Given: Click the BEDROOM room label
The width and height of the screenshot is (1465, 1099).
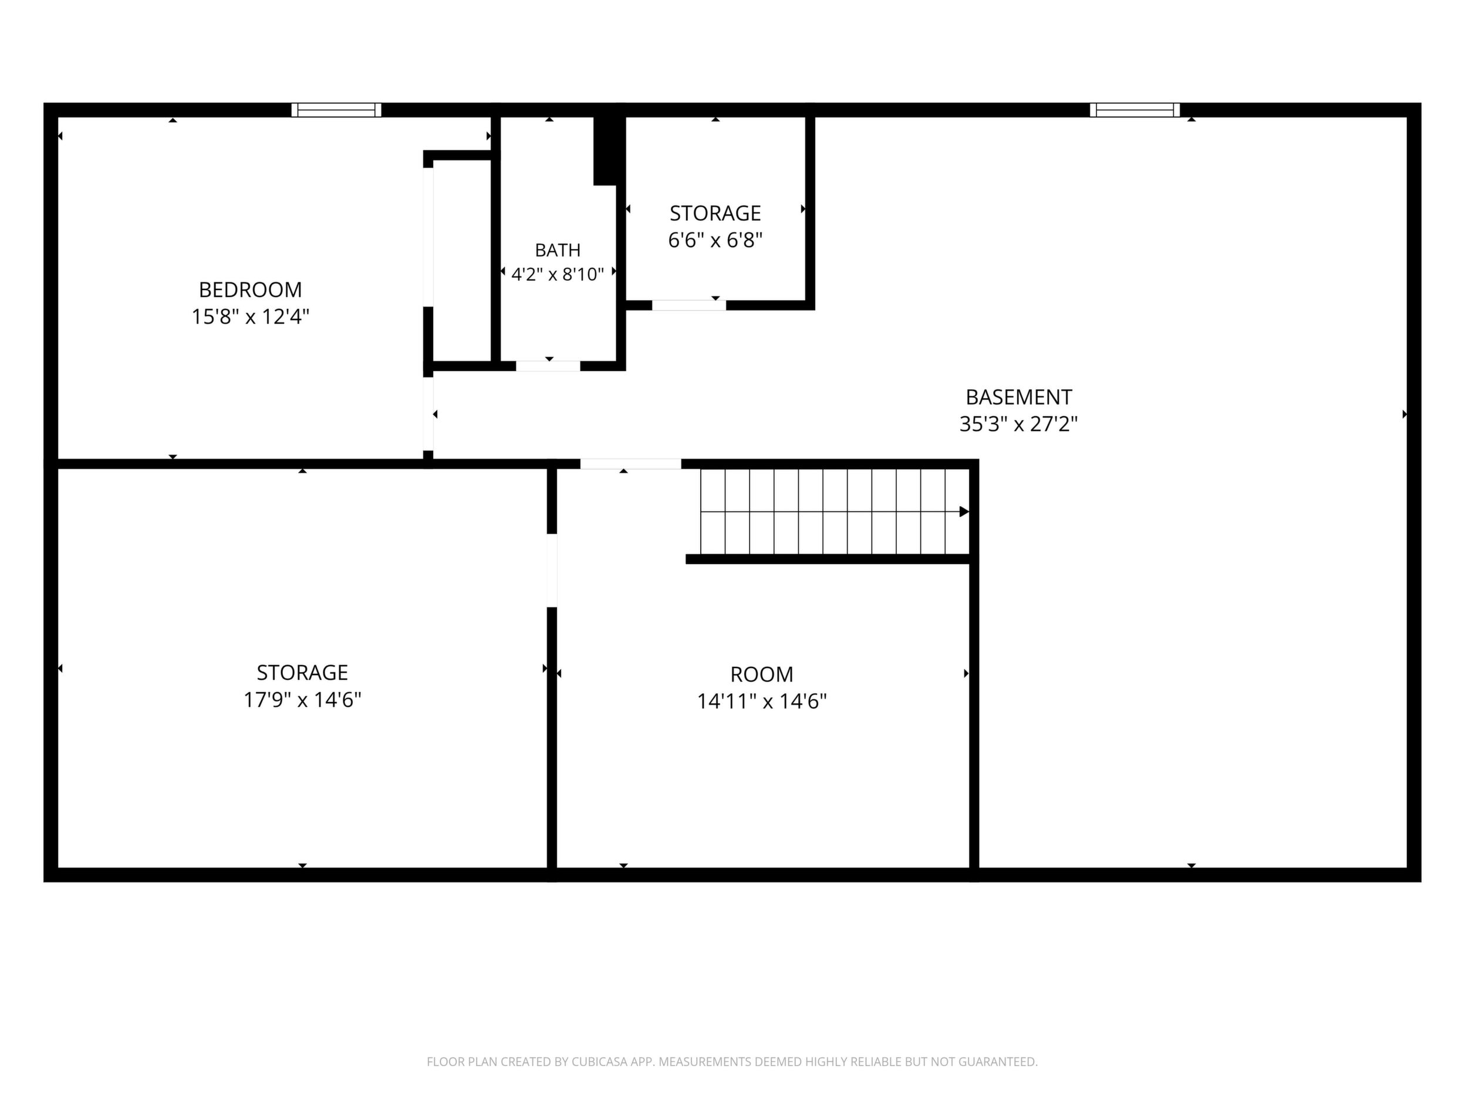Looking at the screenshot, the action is pos(251,289).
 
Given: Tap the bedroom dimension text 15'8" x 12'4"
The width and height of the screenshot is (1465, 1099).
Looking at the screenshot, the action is pos(251,316).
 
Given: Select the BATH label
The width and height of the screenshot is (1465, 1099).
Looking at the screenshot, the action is pos(558,251).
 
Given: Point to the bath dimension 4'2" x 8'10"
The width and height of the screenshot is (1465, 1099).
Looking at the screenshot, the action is pos(558,274).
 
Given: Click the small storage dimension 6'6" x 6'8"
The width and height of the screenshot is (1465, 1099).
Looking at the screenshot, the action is pos(715,240).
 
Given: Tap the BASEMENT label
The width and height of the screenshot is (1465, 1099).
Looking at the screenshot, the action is pos(1018,397).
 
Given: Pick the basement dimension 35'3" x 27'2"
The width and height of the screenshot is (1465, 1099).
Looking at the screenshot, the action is pos(1018,424).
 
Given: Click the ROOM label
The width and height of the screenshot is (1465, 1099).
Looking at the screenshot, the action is pos(762,675).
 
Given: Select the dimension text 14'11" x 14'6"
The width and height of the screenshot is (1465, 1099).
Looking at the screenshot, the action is pos(762,701).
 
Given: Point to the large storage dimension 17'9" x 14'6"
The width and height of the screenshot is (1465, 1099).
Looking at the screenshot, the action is pos(302,700).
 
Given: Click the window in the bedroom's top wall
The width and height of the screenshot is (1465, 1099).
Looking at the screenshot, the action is pos(336,110).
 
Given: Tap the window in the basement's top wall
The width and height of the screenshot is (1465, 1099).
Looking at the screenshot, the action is pos(1135,110).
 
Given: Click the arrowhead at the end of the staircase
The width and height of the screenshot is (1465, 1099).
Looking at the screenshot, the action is pos(964,511).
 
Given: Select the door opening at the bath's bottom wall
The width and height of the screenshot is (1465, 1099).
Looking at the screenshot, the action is pos(548,366).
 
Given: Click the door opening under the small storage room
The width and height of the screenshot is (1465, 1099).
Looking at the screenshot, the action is pos(689,305).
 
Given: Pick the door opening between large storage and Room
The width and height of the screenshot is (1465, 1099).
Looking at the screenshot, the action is pos(552,571).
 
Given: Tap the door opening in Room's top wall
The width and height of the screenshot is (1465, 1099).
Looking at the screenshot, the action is pos(630,464).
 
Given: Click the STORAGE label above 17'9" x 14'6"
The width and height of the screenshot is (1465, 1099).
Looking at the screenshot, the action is pos(302,672).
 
